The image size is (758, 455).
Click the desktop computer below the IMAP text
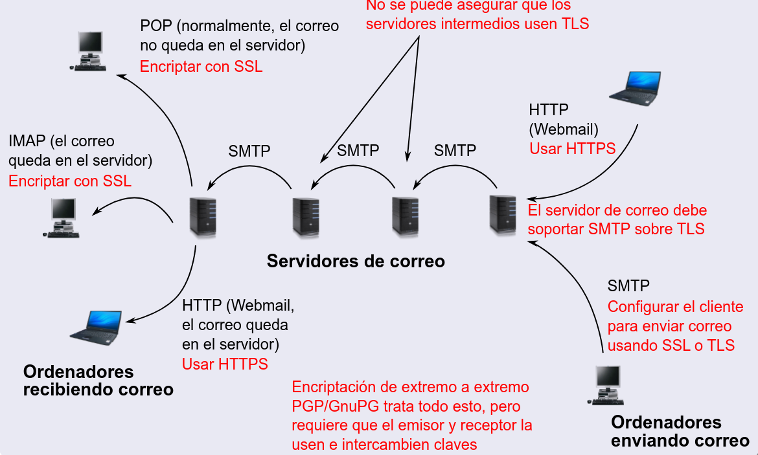tap(63, 218)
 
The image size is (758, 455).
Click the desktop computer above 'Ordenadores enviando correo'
tap(608, 385)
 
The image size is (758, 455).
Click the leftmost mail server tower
tap(202, 216)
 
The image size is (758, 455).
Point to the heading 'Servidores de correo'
tap(356, 261)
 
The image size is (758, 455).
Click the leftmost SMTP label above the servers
tap(249, 151)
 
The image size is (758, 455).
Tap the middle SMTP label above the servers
tap(358, 151)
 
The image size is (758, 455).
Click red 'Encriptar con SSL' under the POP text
tap(201, 67)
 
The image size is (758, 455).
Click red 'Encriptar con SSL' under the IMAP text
tap(70, 181)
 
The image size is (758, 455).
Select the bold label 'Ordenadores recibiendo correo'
tap(98, 381)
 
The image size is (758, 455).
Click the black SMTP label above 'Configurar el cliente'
tap(628, 285)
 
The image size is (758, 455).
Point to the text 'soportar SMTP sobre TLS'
tap(616, 228)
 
